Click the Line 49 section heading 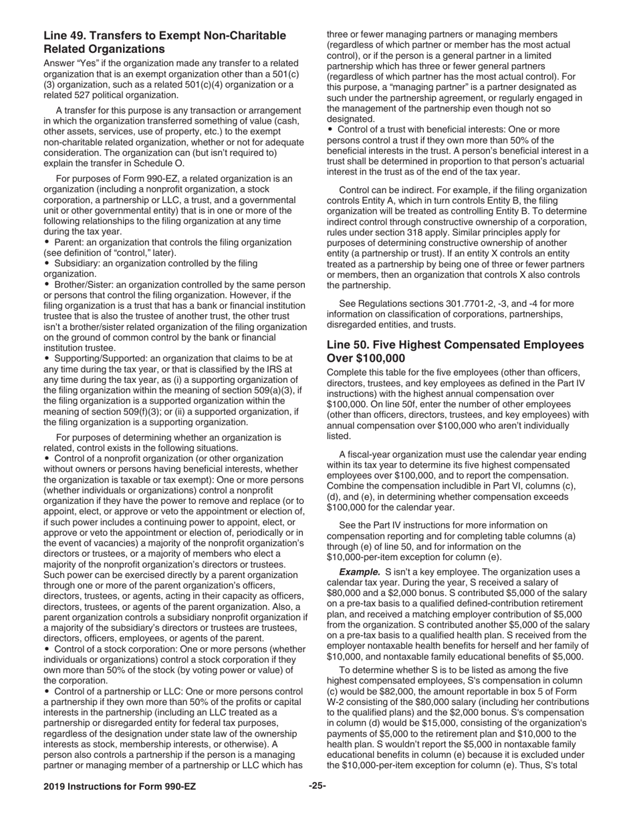click(164, 42)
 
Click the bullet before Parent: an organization click(47, 243)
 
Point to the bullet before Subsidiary click(47, 264)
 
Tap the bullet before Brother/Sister click(47, 285)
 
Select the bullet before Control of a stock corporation click(47, 649)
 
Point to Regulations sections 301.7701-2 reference click(440, 303)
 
